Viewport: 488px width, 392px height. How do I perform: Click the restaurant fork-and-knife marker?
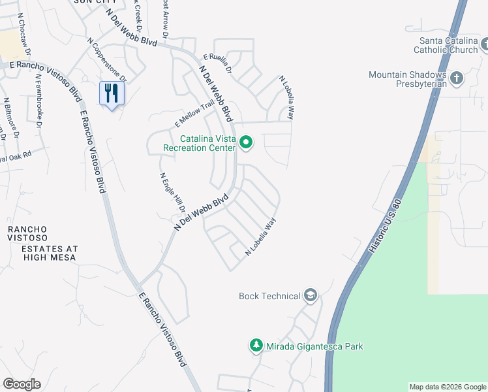point(112,93)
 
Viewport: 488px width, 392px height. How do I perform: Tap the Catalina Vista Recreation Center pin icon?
point(246,142)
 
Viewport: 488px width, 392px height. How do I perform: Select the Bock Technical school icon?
point(310,296)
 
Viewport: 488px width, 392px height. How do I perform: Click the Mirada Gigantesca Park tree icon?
point(256,346)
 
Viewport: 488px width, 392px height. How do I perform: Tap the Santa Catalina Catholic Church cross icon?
point(484,44)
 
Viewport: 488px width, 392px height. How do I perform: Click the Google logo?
point(22,384)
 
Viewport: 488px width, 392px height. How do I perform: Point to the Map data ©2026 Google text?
point(448,387)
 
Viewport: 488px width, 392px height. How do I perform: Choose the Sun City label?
point(89,3)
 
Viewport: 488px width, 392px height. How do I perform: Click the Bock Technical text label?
point(269,297)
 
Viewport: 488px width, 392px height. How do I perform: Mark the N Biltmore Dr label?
point(11,118)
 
